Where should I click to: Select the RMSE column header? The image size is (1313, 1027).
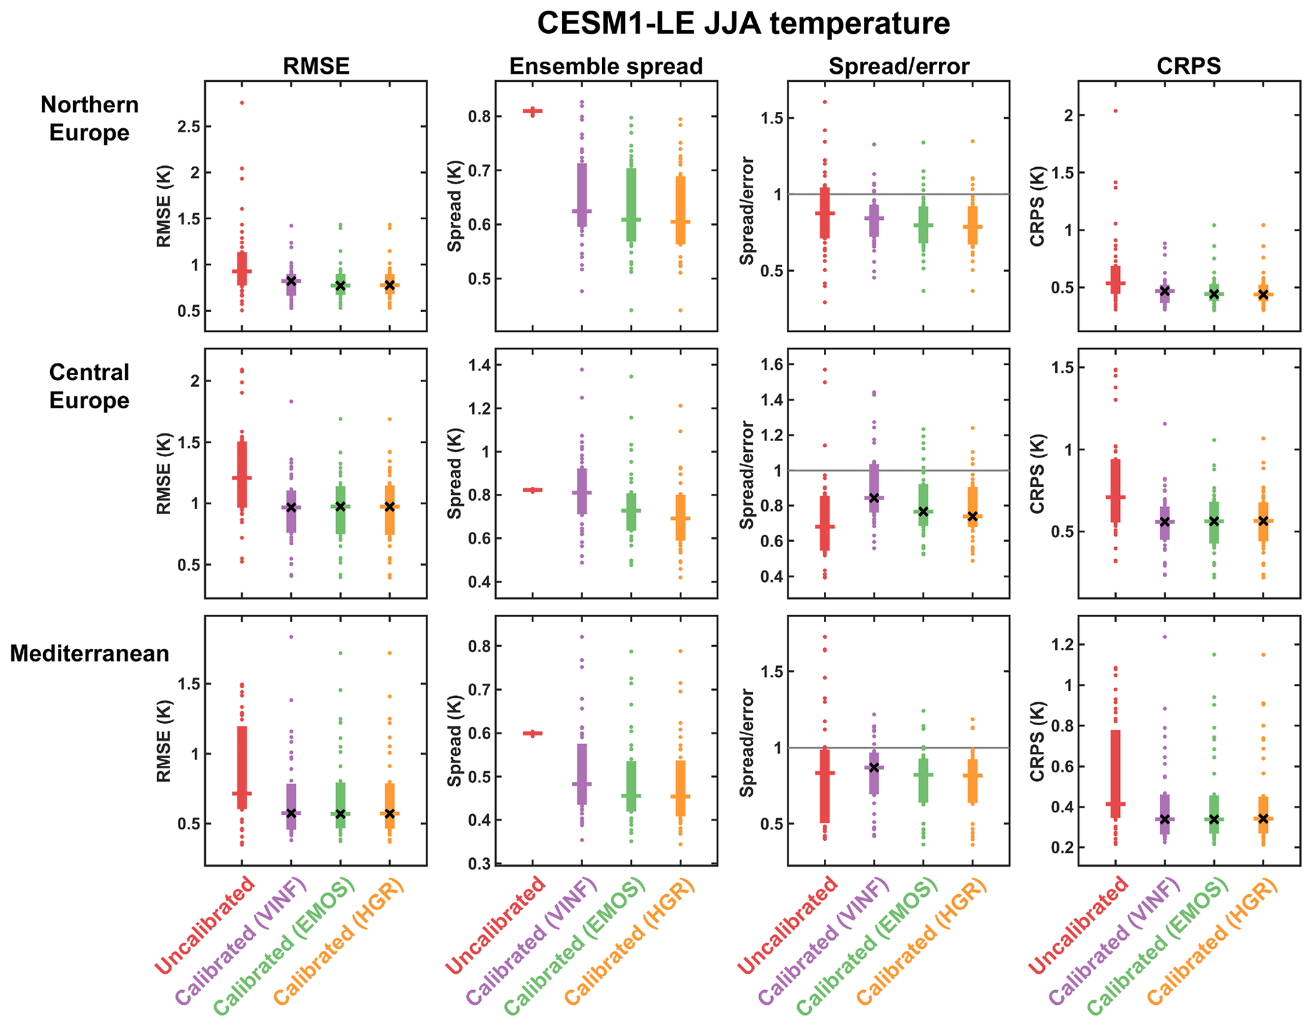[x=316, y=66]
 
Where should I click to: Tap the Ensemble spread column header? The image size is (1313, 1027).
[x=606, y=66]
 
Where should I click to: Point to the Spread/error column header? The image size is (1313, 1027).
[x=899, y=66]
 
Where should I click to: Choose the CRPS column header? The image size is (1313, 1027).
[x=1188, y=66]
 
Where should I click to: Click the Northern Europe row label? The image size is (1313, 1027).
[x=90, y=118]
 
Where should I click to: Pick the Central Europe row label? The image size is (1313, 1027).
[x=90, y=386]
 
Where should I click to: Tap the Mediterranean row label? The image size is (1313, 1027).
[x=90, y=653]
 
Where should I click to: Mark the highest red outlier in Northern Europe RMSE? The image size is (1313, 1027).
[x=242, y=103]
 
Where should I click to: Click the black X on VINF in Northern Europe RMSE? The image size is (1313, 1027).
[x=291, y=281]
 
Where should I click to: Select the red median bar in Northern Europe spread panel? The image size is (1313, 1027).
[x=532, y=111]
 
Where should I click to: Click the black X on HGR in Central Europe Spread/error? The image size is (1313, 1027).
[x=973, y=516]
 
